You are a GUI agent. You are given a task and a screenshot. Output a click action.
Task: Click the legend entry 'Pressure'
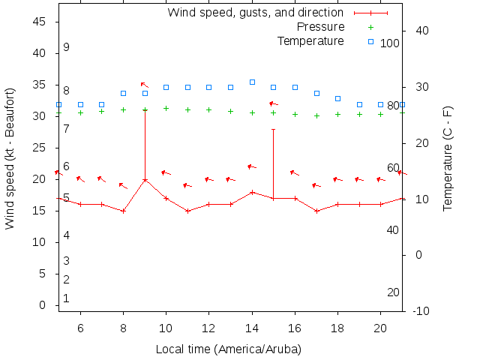click(321, 26)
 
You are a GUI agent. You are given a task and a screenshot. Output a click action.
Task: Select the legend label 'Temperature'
click(310, 40)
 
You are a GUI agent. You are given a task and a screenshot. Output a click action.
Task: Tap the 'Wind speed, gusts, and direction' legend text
click(255, 12)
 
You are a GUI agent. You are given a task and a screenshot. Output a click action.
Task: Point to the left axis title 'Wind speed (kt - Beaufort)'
click(10, 157)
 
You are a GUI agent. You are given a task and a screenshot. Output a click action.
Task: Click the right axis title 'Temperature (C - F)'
click(448, 157)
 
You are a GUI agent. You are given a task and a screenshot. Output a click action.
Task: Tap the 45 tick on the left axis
click(40, 22)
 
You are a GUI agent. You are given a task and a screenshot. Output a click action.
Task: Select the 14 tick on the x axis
click(252, 327)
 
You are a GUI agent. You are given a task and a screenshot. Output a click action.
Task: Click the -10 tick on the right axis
click(421, 310)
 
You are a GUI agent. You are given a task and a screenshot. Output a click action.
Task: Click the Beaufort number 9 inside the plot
click(66, 47)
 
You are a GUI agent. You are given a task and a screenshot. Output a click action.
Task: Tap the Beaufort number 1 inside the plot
click(66, 298)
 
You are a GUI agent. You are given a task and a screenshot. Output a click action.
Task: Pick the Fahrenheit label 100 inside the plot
click(390, 43)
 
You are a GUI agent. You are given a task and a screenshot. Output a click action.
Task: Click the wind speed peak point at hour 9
click(145, 180)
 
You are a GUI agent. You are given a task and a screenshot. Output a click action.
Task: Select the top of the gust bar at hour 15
click(274, 129)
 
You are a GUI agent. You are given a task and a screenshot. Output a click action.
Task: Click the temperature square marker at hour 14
click(252, 82)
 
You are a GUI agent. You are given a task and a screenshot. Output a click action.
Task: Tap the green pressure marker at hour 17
click(316, 115)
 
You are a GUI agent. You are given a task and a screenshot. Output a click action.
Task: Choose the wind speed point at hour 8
click(123, 211)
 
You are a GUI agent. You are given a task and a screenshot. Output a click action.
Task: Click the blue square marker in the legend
click(370, 40)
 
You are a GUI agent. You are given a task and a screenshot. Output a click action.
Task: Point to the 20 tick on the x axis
click(381, 327)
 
